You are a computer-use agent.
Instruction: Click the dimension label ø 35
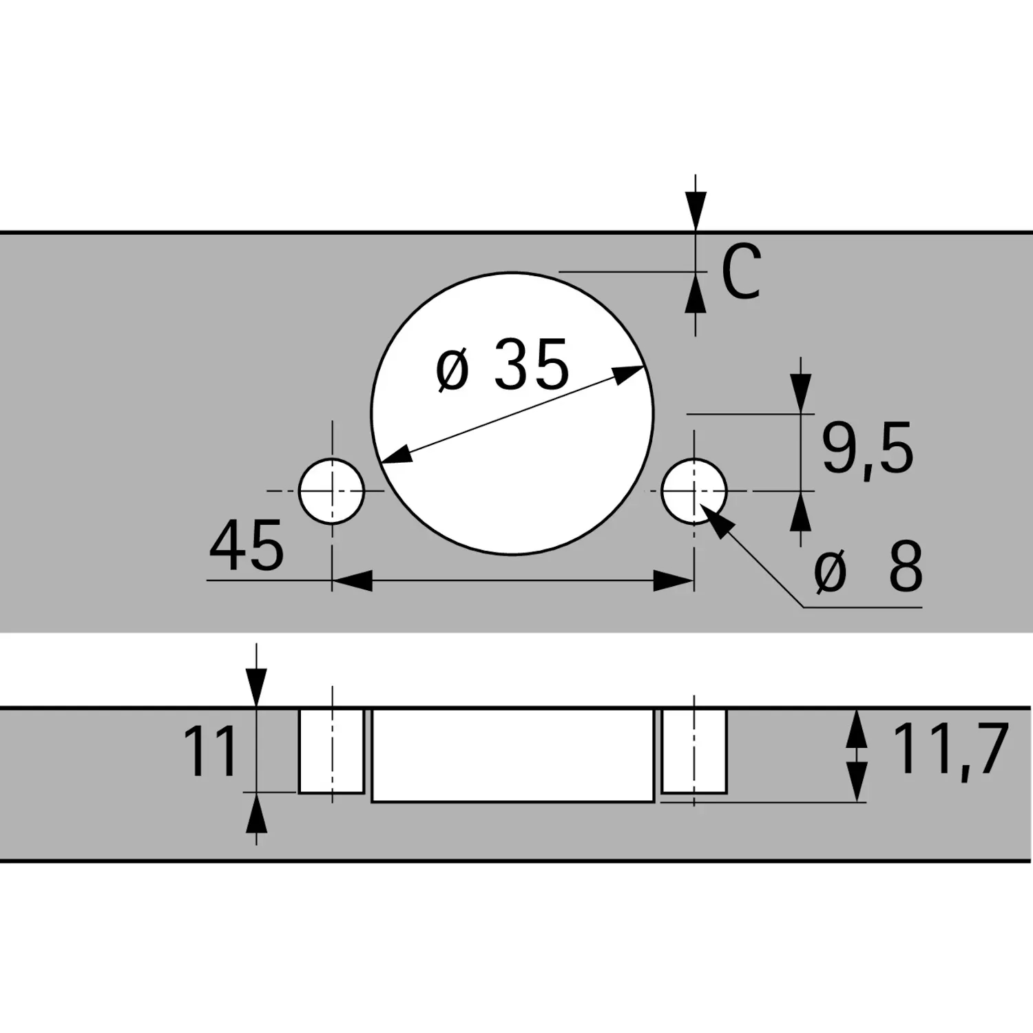[x=503, y=365]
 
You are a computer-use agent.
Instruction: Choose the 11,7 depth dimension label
[x=950, y=749]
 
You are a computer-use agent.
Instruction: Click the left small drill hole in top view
[x=332, y=491]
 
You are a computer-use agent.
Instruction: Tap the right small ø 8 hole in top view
[x=694, y=491]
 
